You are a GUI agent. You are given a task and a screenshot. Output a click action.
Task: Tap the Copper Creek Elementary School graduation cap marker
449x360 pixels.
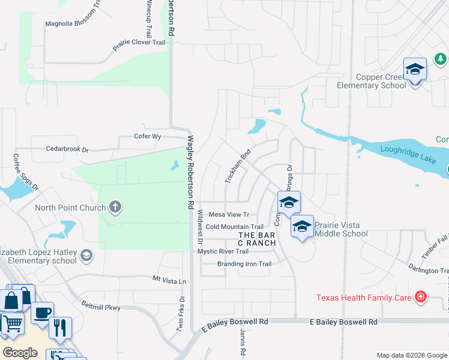415,70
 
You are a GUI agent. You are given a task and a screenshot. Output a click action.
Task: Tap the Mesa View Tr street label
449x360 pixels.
229,214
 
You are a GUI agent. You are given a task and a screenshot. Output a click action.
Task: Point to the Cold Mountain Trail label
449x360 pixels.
234,227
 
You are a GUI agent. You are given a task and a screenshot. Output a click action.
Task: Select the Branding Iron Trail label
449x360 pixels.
244,264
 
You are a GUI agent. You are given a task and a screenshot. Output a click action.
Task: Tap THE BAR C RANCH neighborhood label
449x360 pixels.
257,239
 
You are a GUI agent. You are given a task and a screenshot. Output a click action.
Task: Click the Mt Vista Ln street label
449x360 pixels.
169,280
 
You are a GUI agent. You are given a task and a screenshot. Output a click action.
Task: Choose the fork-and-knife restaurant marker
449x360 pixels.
60,327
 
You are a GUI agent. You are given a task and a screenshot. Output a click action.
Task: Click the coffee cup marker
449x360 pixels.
42,313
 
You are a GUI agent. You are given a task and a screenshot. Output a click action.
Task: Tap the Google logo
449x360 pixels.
20,352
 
